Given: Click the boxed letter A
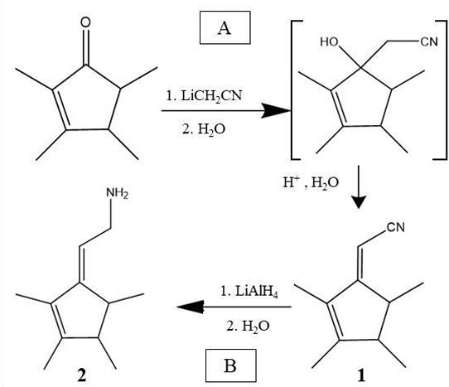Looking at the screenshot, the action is pyautogui.click(x=224, y=28).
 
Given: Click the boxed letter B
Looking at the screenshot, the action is pyautogui.click(x=230, y=365).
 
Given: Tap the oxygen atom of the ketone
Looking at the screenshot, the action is pyautogui.click(x=85, y=22).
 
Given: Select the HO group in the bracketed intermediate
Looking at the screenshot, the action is pyautogui.click(x=330, y=42).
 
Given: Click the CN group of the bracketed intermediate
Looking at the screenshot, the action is pyautogui.click(x=429, y=41).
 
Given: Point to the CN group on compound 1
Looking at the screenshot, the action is pyautogui.click(x=396, y=227).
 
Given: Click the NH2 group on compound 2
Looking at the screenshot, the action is pyautogui.click(x=117, y=193).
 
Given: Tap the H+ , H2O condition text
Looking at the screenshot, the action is pyautogui.click(x=311, y=182).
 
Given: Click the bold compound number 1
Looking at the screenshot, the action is pyautogui.click(x=361, y=375).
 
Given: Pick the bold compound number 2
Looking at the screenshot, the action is pyautogui.click(x=82, y=375).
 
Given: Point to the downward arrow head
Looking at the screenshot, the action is pyautogui.click(x=359, y=202).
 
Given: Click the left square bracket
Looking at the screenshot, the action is pyautogui.click(x=292, y=90).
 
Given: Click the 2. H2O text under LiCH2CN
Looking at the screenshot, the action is pyautogui.click(x=204, y=129).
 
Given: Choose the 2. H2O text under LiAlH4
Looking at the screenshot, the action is pyautogui.click(x=248, y=327).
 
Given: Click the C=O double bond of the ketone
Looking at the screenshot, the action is pyautogui.click(x=85, y=47).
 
